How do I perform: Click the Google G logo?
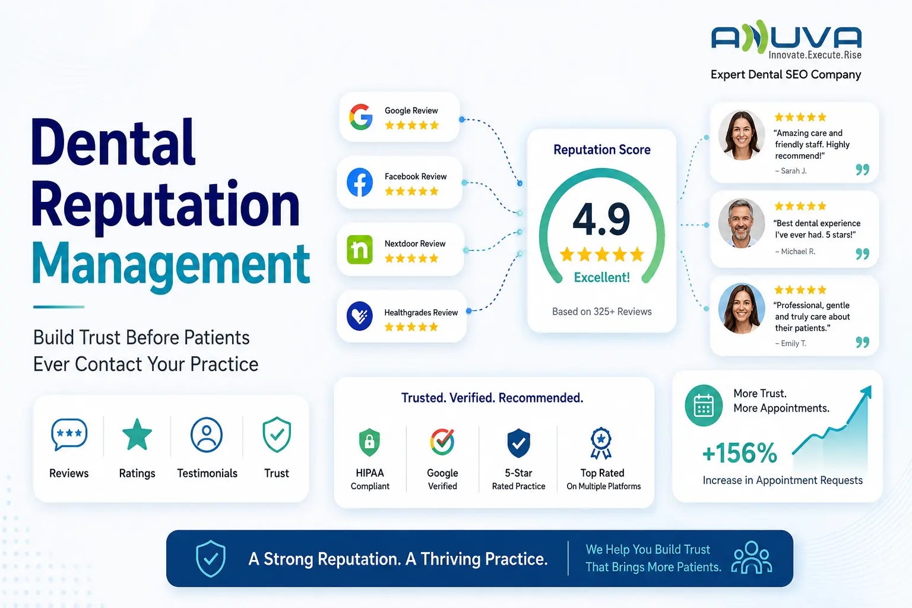pos(361,117)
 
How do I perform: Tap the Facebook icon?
pos(359,182)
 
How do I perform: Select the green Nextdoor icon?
pos(359,249)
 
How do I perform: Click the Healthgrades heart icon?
pos(359,316)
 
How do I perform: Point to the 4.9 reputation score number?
pos(601,220)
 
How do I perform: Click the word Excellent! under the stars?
pos(601,277)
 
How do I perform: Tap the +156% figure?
pos(739,453)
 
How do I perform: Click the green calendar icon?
pos(704,405)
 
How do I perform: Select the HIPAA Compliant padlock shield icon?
pos(369,442)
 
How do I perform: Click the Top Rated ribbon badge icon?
pos(601,443)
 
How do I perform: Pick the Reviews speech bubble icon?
pos(69,435)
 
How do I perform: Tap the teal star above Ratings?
pos(137,435)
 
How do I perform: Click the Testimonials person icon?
pos(207,435)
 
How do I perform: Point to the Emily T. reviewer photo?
pos(741,308)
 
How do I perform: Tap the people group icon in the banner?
pos(752,558)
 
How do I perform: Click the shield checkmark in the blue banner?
pos(211,559)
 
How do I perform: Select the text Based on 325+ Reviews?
pos(601,312)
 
